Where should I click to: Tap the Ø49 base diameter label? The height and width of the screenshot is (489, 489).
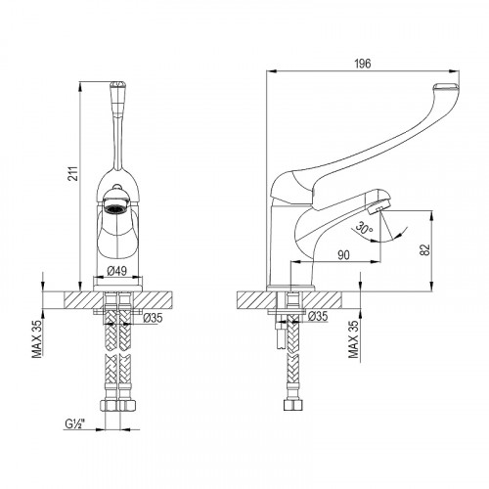pyautogui.click(x=116, y=272)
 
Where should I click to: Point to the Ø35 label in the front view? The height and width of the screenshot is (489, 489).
pyautogui.click(x=153, y=317)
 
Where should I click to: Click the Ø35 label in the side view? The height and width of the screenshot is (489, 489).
pyautogui.click(x=316, y=317)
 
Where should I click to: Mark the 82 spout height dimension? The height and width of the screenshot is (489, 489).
pyautogui.click(x=424, y=249)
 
